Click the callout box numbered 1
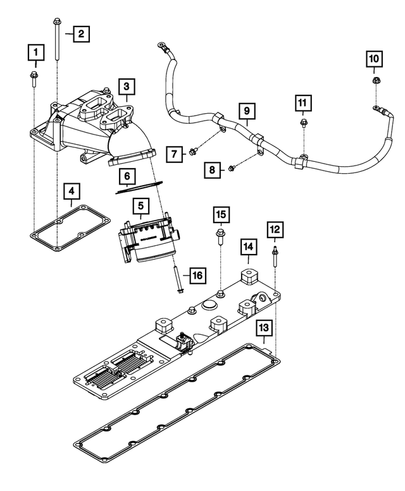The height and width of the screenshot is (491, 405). (x=35, y=51)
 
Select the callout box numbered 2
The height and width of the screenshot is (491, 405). (x=81, y=33)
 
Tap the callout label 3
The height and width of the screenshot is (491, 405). (x=127, y=86)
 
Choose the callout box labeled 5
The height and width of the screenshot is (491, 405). (x=140, y=205)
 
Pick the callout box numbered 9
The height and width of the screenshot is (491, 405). (x=247, y=111)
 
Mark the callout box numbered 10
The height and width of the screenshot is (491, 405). (x=374, y=59)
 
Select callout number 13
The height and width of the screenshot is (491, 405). (x=265, y=328)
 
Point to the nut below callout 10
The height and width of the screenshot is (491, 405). (x=375, y=80)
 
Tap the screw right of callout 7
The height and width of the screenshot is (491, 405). (x=194, y=149)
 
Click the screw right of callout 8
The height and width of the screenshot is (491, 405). (x=232, y=167)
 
